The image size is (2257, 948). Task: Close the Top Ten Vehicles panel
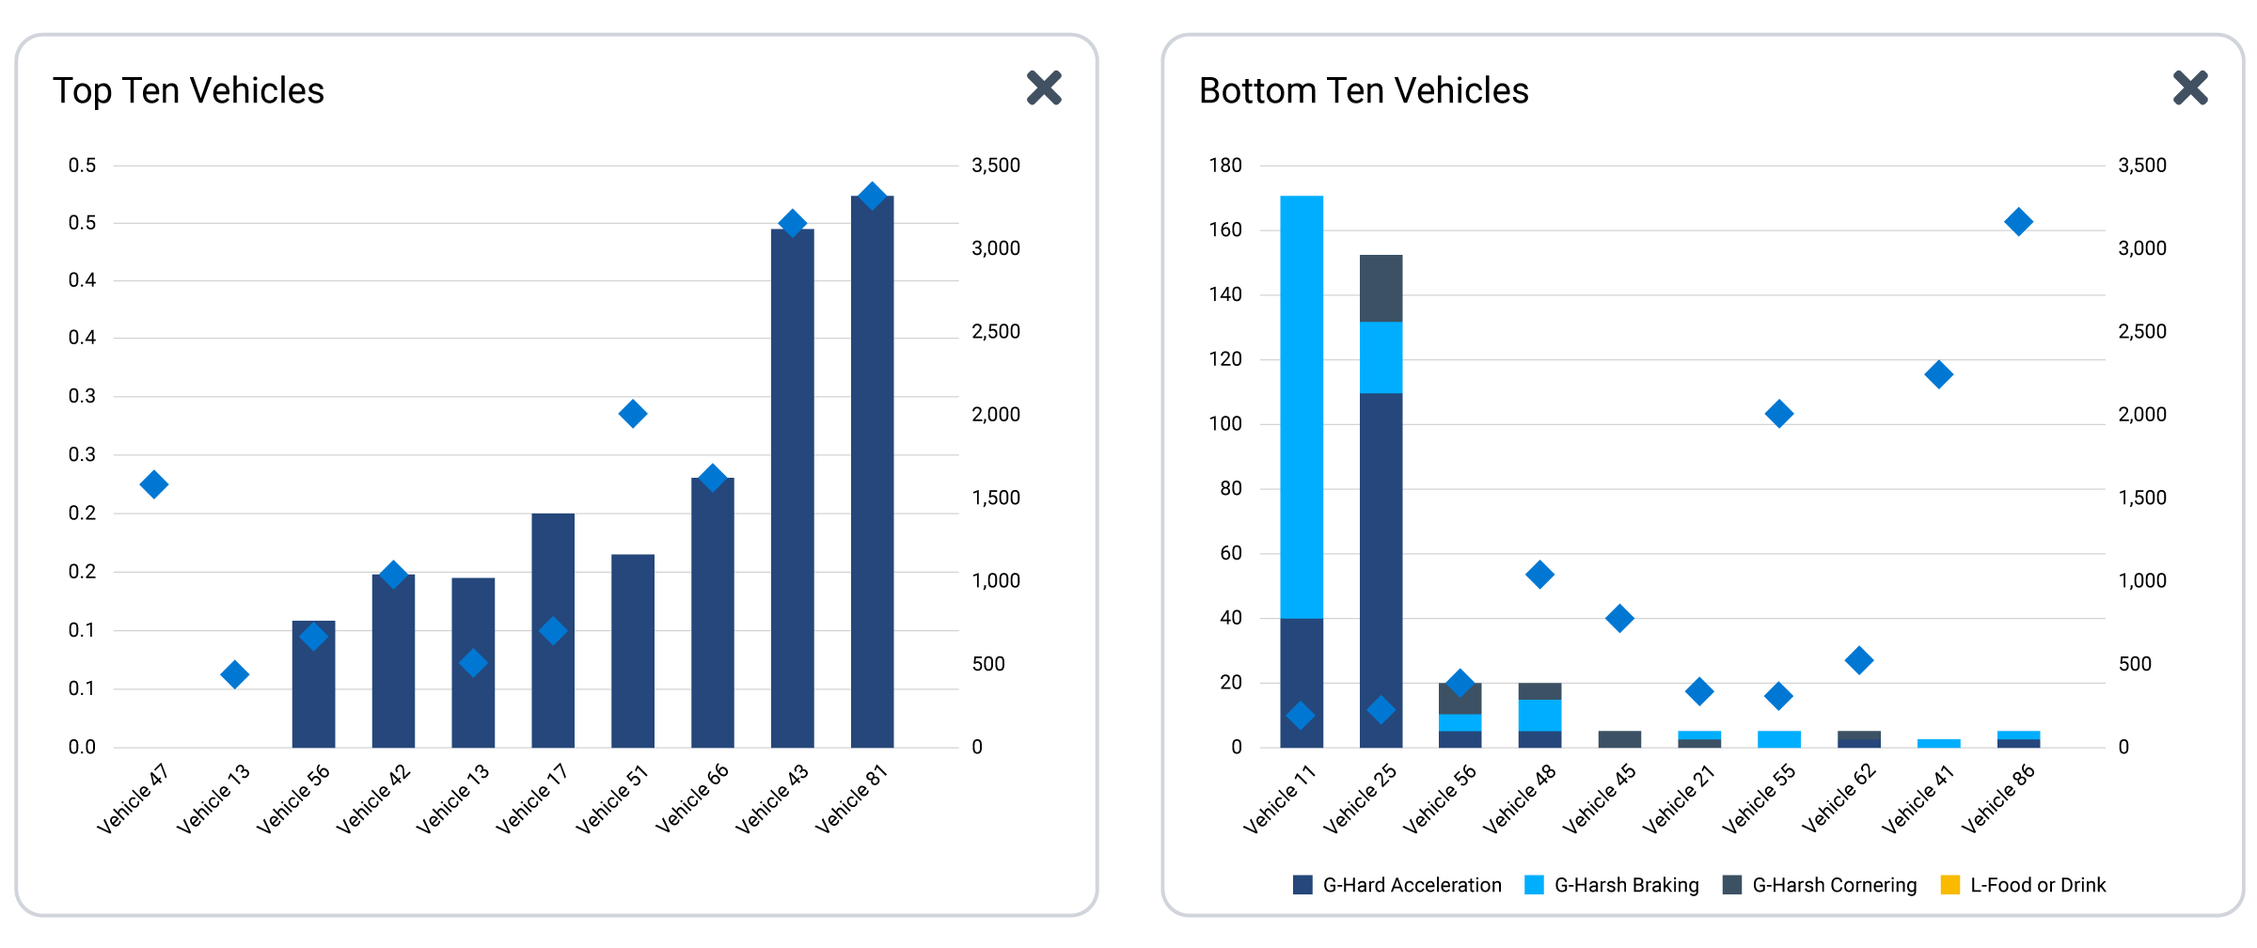click(x=1044, y=88)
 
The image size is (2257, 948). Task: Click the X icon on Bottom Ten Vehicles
click(x=2190, y=88)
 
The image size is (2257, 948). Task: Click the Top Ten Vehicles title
click(x=188, y=91)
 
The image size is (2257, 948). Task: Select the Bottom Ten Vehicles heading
click(x=1364, y=91)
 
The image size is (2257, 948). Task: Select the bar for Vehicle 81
click(x=873, y=472)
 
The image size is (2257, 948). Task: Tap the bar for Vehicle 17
click(x=553, y=630)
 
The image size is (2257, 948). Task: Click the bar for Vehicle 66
click(x=713, y=612)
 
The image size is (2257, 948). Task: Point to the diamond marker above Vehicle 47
click(x=154, y=484)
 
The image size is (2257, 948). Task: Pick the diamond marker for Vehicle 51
click(x=633, y=414)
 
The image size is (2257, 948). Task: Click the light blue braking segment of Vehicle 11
click(x=1302, y=407)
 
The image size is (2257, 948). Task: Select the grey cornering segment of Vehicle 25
click(x=1381, y=288)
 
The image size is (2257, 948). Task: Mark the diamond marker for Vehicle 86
click(x=2019, y=222)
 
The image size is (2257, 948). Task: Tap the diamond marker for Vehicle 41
click(x=1939, y=374)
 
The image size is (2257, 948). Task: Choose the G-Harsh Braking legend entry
click(x=1612, y=885)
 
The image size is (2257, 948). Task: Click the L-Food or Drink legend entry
click(x=2024, y=885)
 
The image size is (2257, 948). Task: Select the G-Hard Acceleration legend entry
click(x=1397, y=885)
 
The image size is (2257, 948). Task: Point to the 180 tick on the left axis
click(x=1225, y=166)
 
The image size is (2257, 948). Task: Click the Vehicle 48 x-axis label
click(x=1520, y=798)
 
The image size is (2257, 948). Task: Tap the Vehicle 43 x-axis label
click(x=772, y=798)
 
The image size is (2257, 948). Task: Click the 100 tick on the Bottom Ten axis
click(x=1225, y=424)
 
